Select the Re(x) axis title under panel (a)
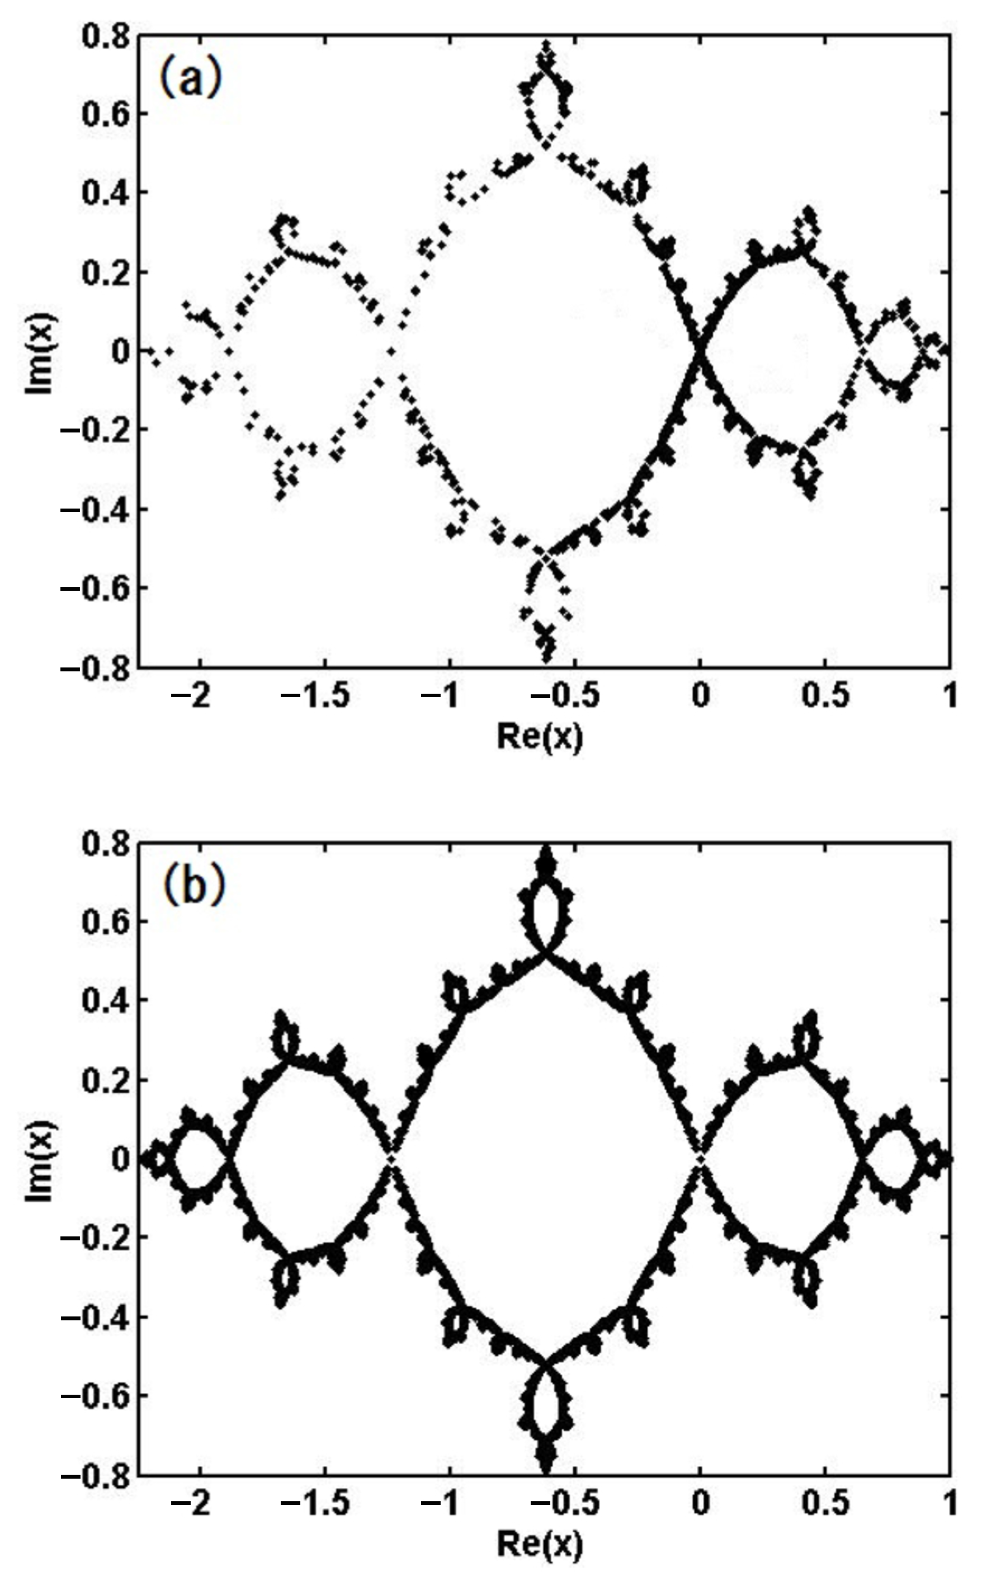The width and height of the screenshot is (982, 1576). pyautogui.click(x=539, y=737)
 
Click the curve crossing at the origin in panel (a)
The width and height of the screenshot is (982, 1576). pyautogui.click(x=700, y=351)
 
